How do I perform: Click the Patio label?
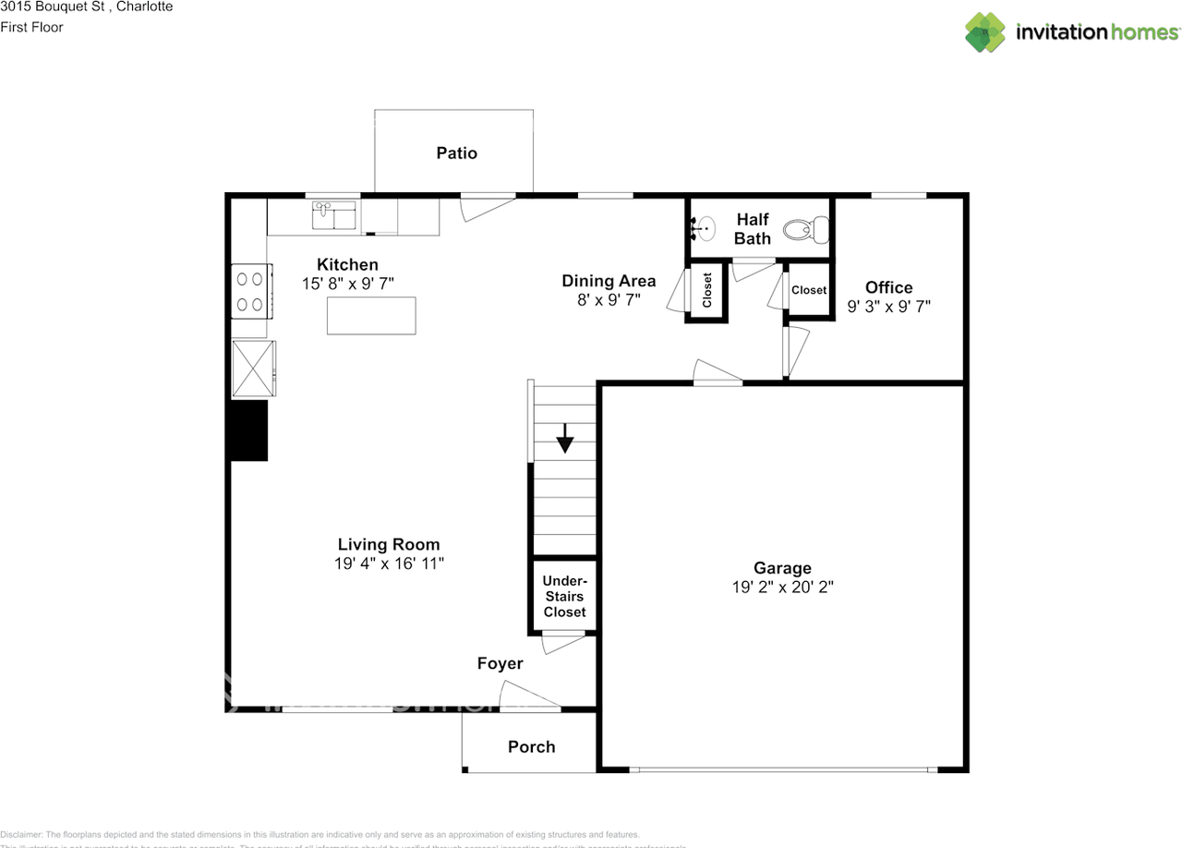pyautogui.click(x=456, y=153)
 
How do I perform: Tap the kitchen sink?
pyautogui.click(x=334, y=216)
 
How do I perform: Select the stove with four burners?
pyautogui.click(x=249, y=291)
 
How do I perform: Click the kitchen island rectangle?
pyautogui.click(x=371, y=315)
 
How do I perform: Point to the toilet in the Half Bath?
pyautogui.click(x=801, y=228)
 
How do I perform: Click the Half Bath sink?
pyautogui.click(x=704, y=226)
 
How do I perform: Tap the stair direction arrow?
pyautogui.click(x=564, y=439)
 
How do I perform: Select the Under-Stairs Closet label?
pyautogui.click(x=564, y=597)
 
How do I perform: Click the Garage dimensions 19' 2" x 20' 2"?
pyautogui.click(x=782, y=587)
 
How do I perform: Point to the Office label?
pyautogui.click(x=888, y=287)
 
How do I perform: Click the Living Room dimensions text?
pyautogui.click(x=389, y=563)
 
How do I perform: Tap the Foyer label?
pyautogui.click(x=500, y=663)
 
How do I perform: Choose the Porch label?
pyautogui.click(x=531, y=746)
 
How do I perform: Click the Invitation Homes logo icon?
pyautogui.click(x=985, y=32)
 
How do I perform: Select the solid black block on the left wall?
pyautogui.click(x=247, y=430)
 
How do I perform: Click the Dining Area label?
pyautogui.click(x=609, y=281)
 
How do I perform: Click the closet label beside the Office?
pyautogui.click(x=809, y=290)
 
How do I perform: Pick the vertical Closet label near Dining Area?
pyautogui.click(x=707, y=291)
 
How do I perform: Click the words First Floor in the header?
pyautogui.click(x=31, y=27)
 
